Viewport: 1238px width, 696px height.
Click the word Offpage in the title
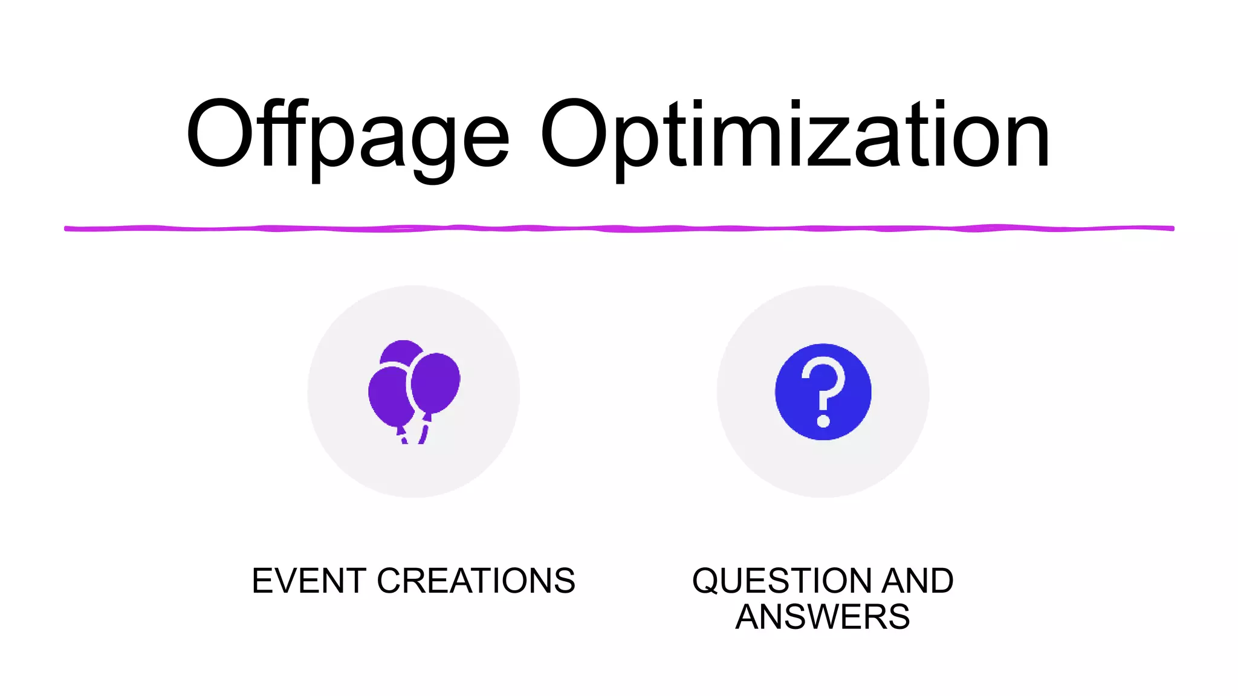coord(348,136)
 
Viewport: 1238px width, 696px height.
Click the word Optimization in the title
coord(794,136)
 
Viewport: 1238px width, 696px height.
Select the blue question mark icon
coord(823,391)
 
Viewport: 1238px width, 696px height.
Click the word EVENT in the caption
coord(309,581)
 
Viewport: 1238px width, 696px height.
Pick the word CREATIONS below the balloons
coord(476,581)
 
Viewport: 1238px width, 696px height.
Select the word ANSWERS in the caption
coord(822,617)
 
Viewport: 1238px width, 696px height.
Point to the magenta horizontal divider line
coord(619,228)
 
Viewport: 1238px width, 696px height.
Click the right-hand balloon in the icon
coord(435,382)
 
